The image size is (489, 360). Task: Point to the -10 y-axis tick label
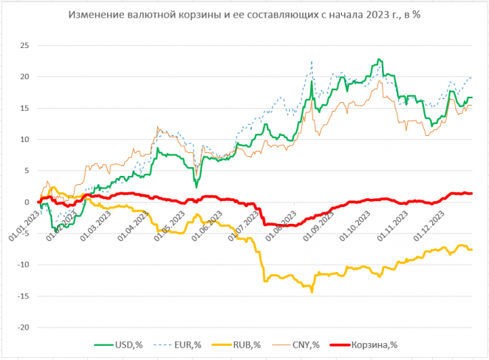[x=22, y=265]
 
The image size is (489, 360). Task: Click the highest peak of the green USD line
[x=380, y=59]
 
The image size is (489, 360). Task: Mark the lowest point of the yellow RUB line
[x=312, y=291]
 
